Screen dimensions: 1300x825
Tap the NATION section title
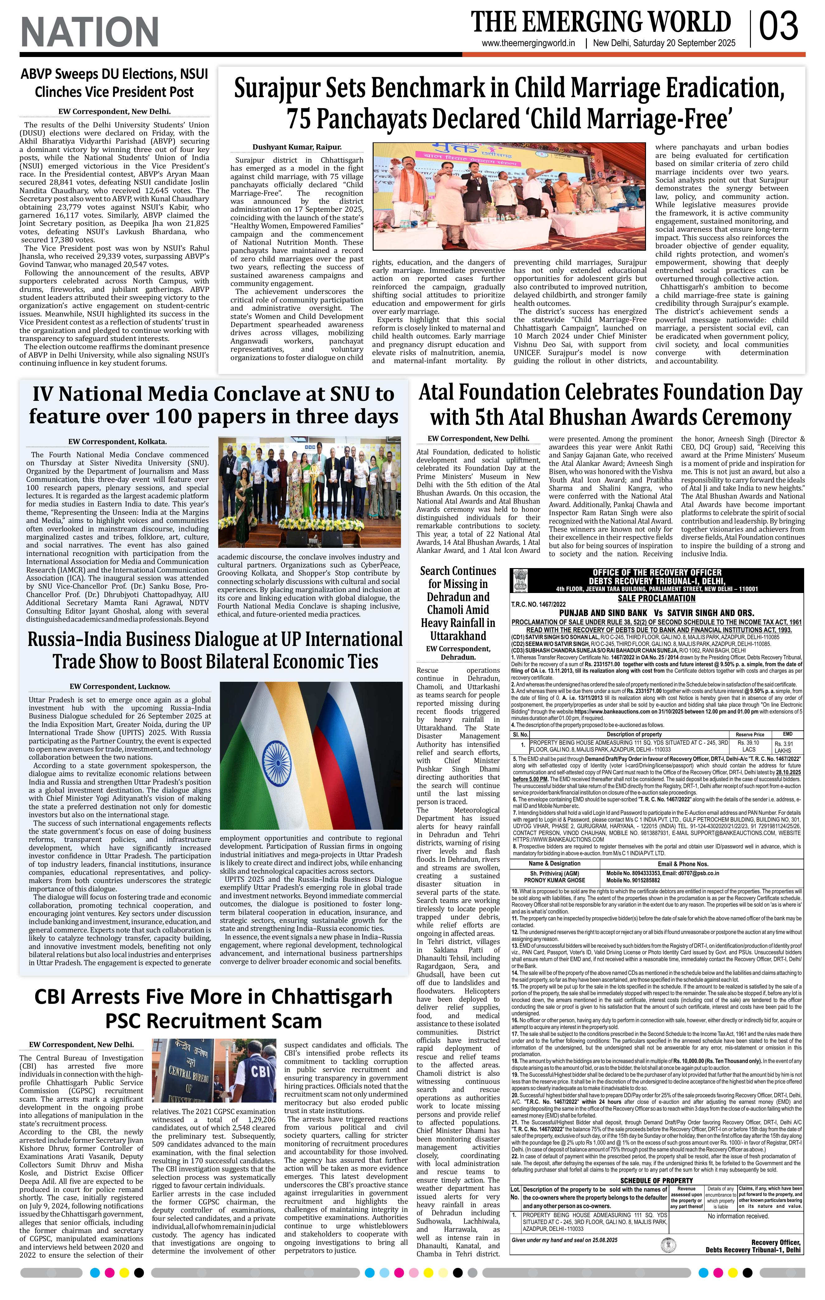click(90, 31)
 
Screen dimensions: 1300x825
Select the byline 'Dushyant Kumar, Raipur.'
click(297, 147)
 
